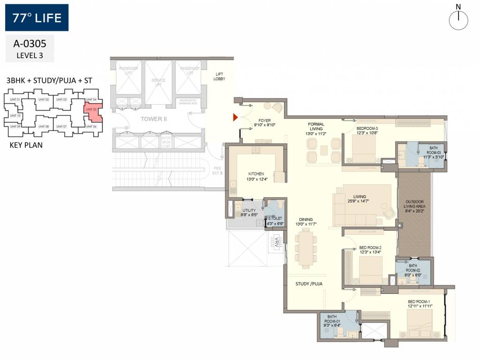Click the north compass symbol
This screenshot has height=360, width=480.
pos(459,19)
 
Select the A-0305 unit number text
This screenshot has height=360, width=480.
pos(30,44)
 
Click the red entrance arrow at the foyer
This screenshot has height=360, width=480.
pos(236,117)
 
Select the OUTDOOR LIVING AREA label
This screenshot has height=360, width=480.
pos(414,206)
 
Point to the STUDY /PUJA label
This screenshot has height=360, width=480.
pos(309,284)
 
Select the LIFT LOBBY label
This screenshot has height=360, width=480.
pos(220,76)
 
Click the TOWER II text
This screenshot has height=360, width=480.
pos(154,119)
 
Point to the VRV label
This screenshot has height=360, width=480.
pos(277,243)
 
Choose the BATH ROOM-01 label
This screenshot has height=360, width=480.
pos(332,320)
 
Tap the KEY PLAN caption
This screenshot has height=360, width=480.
pos(26,145)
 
